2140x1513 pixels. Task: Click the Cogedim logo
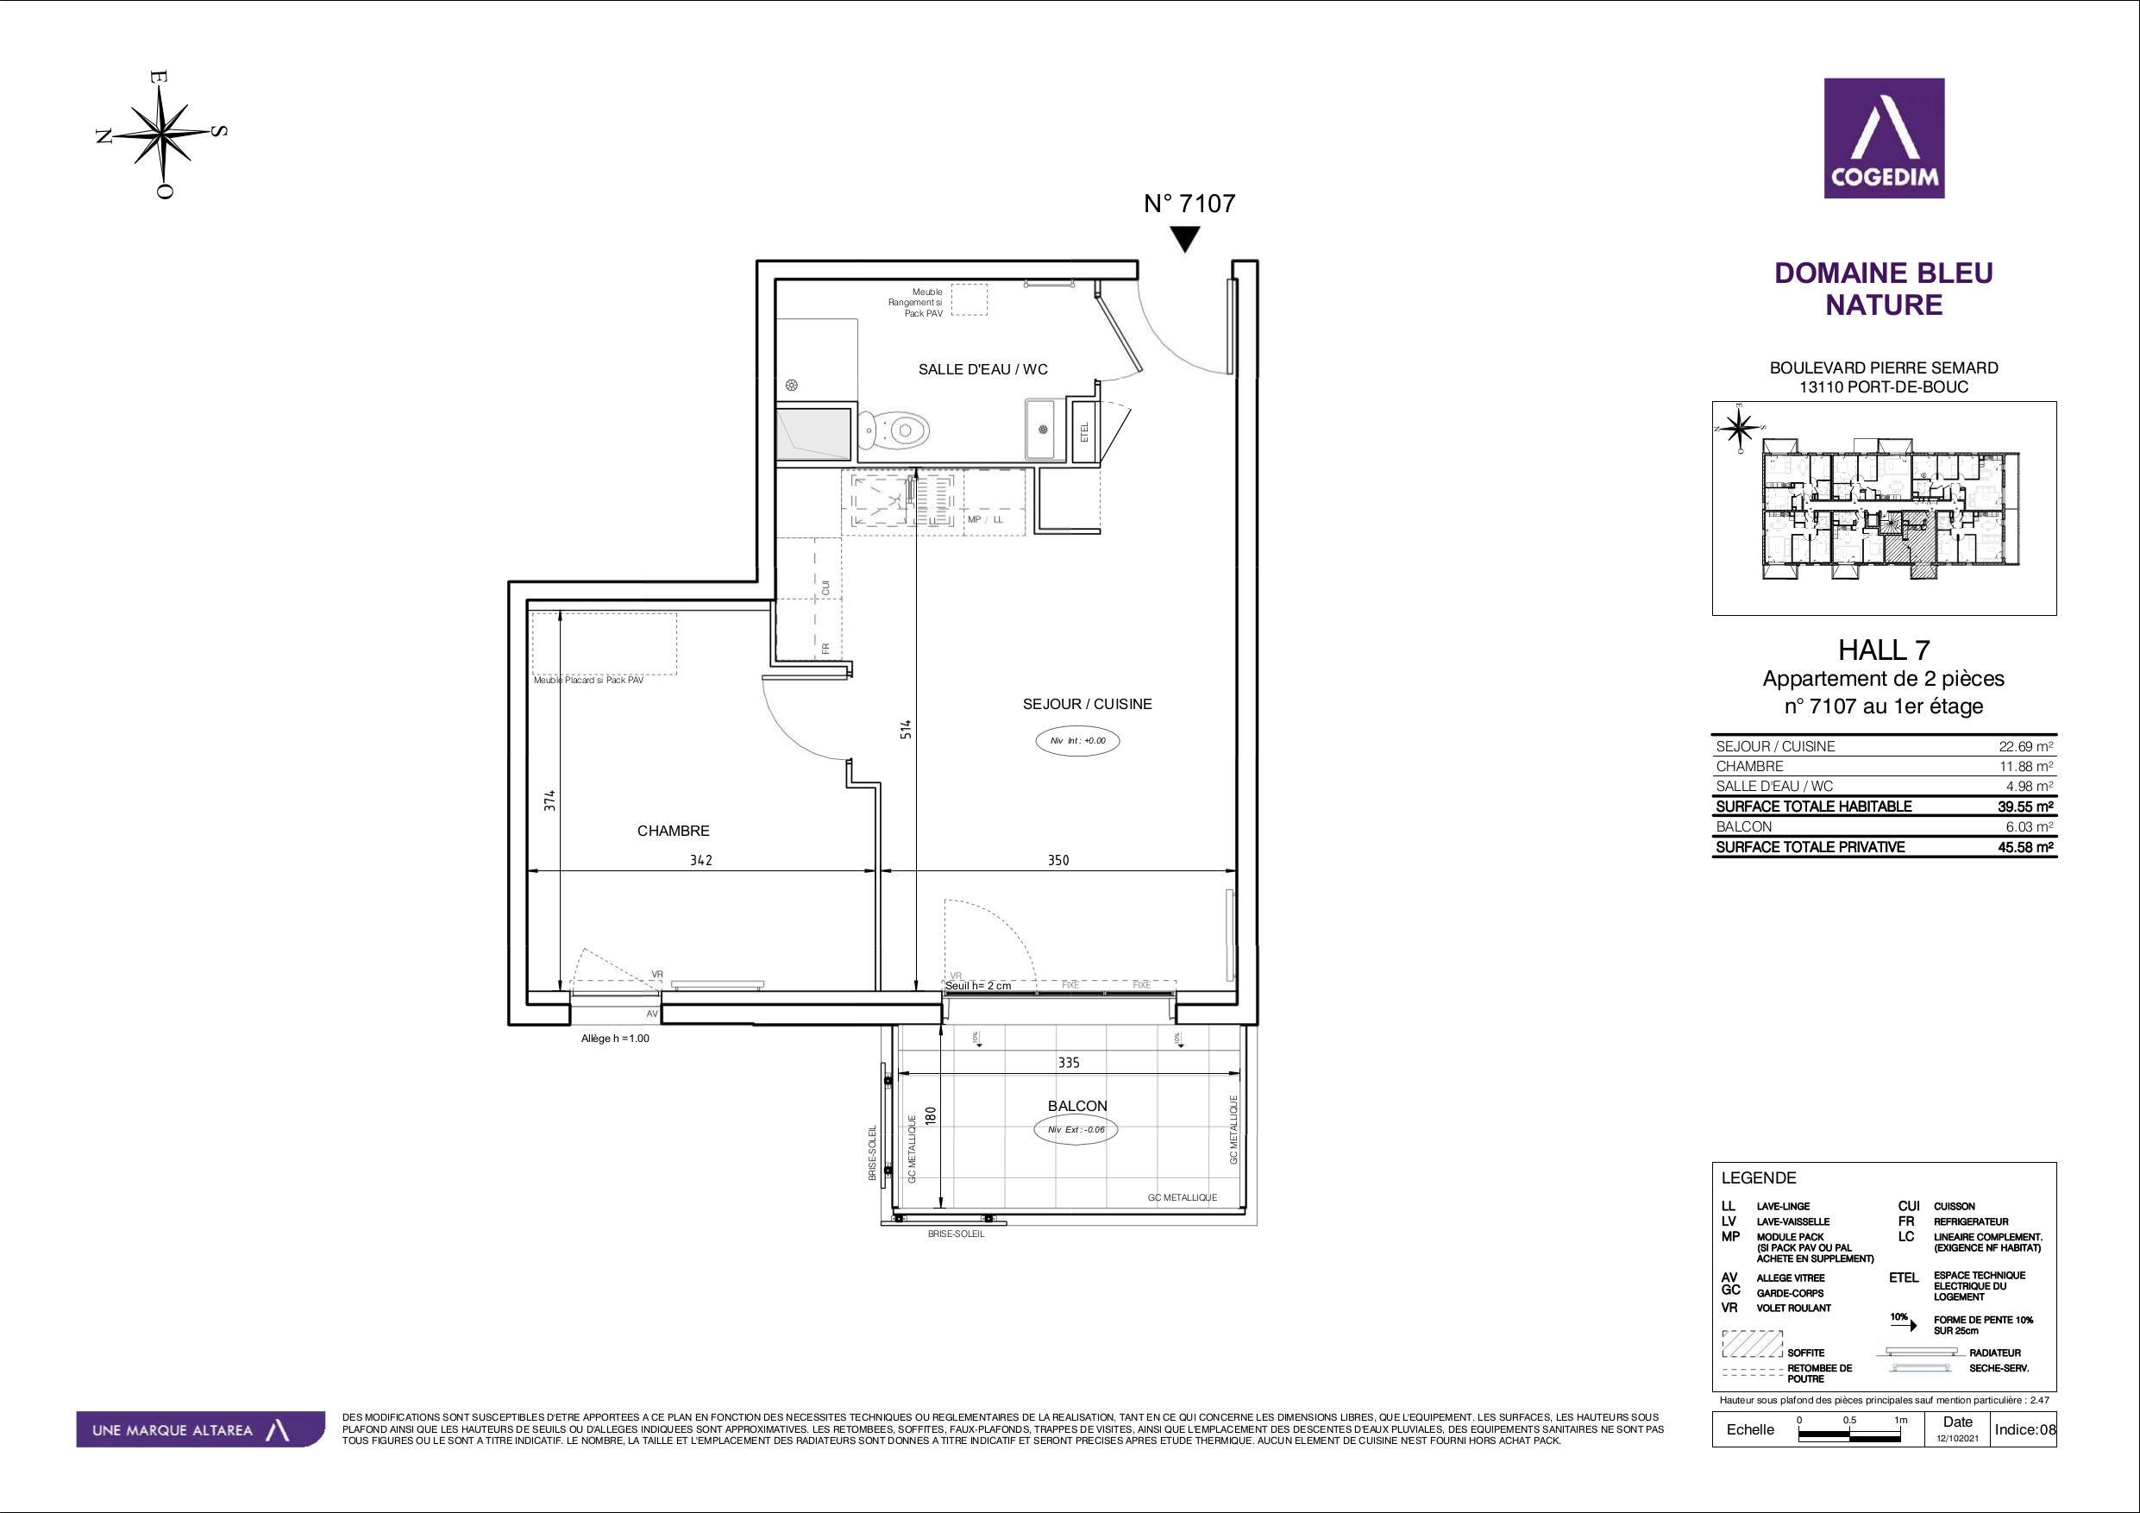pyautogui.click(x=1884, y=138)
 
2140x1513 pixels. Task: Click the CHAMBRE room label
pyautogui.click(x=673, y=831)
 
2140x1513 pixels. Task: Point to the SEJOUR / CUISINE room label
pyautogui.click(x=1087, y=704)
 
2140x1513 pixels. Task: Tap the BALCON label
pyautogui.click(x=1077, y=1106)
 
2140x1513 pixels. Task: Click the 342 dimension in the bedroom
pyautogui.click(x=701, y=860)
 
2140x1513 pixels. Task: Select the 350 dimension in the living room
pyautogui.click(x=1057, y=860)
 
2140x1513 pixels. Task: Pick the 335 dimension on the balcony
pyautogui.click(x=1068, y=1062)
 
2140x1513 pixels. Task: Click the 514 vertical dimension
pyautogui.click(x=906, y=729)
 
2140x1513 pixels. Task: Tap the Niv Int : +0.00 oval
pyautogui.click(x=1077, y=741)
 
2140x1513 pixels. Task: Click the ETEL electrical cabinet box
pyautogui.click(x=1084, y=431)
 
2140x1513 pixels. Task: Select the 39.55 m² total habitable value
pyautogui.click(x=2031, y=807)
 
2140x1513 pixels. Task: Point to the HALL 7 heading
pyautogui.click(x=1883, y=650)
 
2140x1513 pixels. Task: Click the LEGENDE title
pyautogui.click(x=1758, y=1178)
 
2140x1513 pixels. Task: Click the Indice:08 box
pyautogui.click(x=2024, y=1430)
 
